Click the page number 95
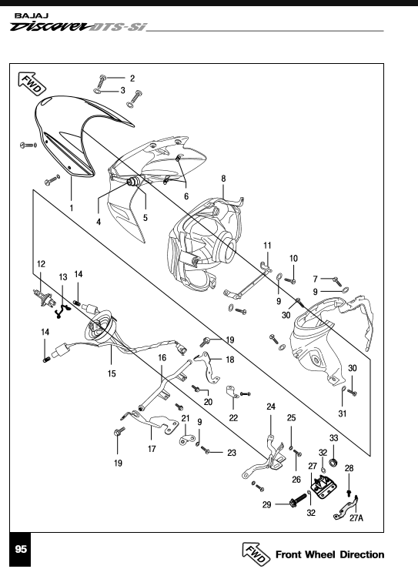[21, 549]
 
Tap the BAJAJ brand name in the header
[32, 16]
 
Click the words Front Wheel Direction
[329, 554]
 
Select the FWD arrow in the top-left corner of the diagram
[32, 84]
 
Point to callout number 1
[72, 208]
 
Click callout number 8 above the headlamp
[223, 179]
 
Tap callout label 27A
[356, 518]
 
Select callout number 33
[334, 438]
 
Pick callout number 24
[271, 407]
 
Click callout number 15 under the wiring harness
[112, 373]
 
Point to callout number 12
[41, 264]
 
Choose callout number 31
[343, 413]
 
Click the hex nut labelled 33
[333, 463]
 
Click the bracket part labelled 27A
[346, 509]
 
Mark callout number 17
[152, 449]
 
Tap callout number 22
[233, 417]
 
